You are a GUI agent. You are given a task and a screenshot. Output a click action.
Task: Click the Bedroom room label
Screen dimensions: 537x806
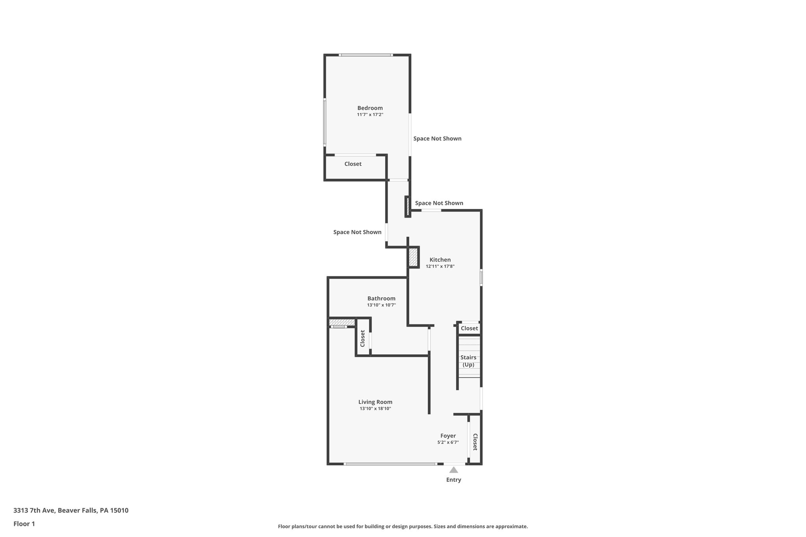tap(370, 108)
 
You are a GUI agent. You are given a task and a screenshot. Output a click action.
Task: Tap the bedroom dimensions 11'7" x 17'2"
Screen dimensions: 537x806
tap(370, 115)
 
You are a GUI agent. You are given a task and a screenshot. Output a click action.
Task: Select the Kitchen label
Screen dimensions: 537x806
tap(440, 260)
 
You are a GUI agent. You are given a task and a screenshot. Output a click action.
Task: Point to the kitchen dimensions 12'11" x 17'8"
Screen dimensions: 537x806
tap(440, 266)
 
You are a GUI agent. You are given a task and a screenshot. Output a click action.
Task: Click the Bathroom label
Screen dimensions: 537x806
tap(381, 298)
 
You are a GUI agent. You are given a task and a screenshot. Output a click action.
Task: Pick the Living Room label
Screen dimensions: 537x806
tap(375, 402)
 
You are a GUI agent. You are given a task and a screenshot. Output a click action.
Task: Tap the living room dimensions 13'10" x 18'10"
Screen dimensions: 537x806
tap(375, 409)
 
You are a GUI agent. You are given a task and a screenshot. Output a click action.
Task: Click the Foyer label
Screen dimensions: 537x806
tap(448, 436)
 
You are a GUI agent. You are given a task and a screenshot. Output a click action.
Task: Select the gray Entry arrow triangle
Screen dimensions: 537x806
tap(453, 470)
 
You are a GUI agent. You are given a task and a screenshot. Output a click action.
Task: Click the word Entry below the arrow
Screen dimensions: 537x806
tap(453, 480)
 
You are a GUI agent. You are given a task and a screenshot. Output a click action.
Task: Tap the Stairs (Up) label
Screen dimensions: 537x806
tap(468, 361)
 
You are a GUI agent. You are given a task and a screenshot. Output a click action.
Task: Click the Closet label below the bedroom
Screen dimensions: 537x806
tap(353, 164)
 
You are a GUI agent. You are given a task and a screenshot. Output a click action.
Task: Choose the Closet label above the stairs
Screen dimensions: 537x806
tap(469, 328)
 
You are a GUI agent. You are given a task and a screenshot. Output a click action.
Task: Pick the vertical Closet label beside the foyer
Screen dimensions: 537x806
tap(475, 442)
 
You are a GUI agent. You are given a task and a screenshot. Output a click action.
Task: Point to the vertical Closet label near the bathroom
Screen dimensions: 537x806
tap(362, 338)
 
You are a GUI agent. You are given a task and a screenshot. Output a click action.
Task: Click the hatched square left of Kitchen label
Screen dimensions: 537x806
tap(413, 257)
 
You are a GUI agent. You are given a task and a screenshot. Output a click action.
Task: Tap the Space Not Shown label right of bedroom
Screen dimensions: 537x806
tap(437, 138)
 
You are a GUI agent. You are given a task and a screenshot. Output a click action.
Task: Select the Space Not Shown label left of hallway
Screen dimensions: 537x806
tap(357, 232)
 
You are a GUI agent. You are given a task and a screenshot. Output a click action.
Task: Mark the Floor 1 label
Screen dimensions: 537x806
tap(24, 524)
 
